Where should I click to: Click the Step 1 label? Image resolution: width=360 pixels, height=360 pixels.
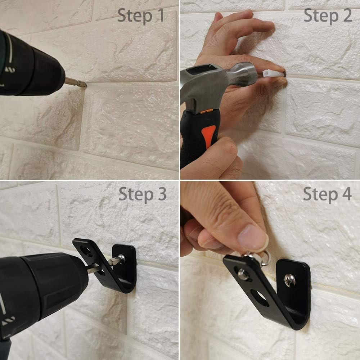point(140,15)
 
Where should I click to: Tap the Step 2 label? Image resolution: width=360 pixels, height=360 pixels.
point(328,15)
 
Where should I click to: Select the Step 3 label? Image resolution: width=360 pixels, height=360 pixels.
point(143,194)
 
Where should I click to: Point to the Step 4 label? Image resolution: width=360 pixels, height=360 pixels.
point(327,194)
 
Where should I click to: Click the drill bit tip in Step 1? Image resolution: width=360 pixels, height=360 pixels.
point(85,85)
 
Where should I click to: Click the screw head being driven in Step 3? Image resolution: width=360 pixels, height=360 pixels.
point(121,258)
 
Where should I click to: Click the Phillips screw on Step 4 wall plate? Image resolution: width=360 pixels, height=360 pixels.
point(290,280)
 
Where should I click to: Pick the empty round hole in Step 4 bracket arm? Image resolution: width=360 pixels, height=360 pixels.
point(260,298)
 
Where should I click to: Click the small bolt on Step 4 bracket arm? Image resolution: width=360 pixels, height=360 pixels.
point(243,274)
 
